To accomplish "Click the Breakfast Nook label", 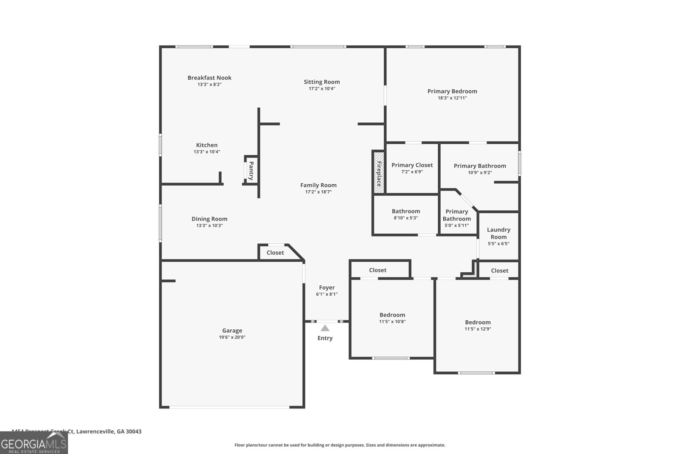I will (x=210, y=78).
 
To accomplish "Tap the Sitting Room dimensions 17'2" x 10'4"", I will (x=322, y=89).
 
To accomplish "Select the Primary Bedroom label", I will (x=452, y=91).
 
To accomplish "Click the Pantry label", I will (x=251, y=170).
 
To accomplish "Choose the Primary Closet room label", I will (x=412, y=165).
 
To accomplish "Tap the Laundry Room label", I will (x=499, y=233).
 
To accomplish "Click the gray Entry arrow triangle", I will (x=325, y=328).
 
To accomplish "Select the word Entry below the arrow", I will (x=325, y=338).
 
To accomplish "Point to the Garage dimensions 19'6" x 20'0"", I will (x=232, y=337).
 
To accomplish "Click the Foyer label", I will (x=327, y=288).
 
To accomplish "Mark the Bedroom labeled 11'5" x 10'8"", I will (x=392, y=315).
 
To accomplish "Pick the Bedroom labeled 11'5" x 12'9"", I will (x=478, y=323).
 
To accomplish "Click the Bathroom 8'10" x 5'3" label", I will (x=406, y=211).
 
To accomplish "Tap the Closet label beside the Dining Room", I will (x=275, y=253).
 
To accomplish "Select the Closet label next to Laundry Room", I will (x=499, y=271).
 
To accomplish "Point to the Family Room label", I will (x=318, y=185).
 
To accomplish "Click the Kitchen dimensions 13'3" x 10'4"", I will (x=207, y=152).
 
